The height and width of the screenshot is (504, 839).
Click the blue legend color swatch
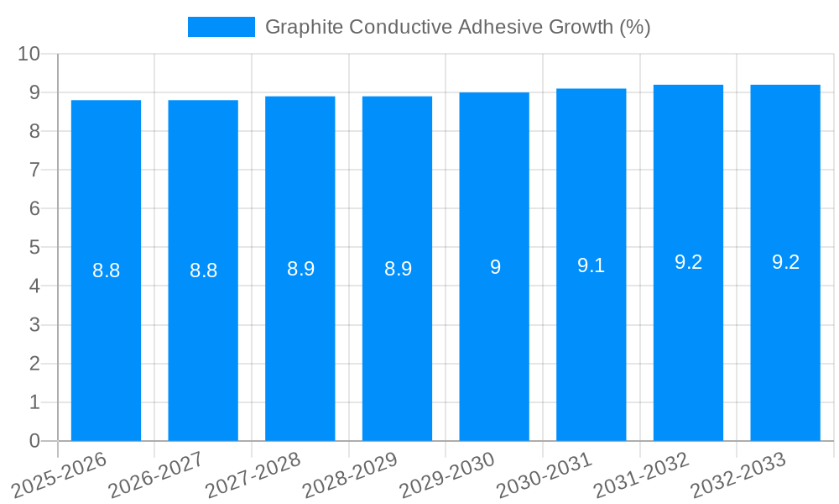pyautogui.click(x=221, y=27)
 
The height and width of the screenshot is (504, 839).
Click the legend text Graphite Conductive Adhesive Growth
pyautogui.click(x=457, y=27)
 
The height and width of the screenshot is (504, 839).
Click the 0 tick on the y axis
pyautogui.click(x=34, y=441)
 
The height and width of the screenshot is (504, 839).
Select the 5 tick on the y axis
pyautogui.click(x=34, y=248)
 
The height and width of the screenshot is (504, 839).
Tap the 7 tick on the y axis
pyautogui.click(x=34, y=170)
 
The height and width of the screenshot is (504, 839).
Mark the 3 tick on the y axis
pyautogui.click(x=34, y=325)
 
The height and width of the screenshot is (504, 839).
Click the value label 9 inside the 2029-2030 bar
pyautogui.click(x=495, y=267)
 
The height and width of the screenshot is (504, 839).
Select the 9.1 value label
pyautogui.click(x=591, y=265)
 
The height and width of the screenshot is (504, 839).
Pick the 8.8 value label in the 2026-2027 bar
pyautogui.click(x=203, y=270)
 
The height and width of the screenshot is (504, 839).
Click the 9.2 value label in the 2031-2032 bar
pyautogui.click(x=688, y=262)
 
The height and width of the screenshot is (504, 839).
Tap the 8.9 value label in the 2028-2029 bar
pyautogui.click(x=398, y=269)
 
